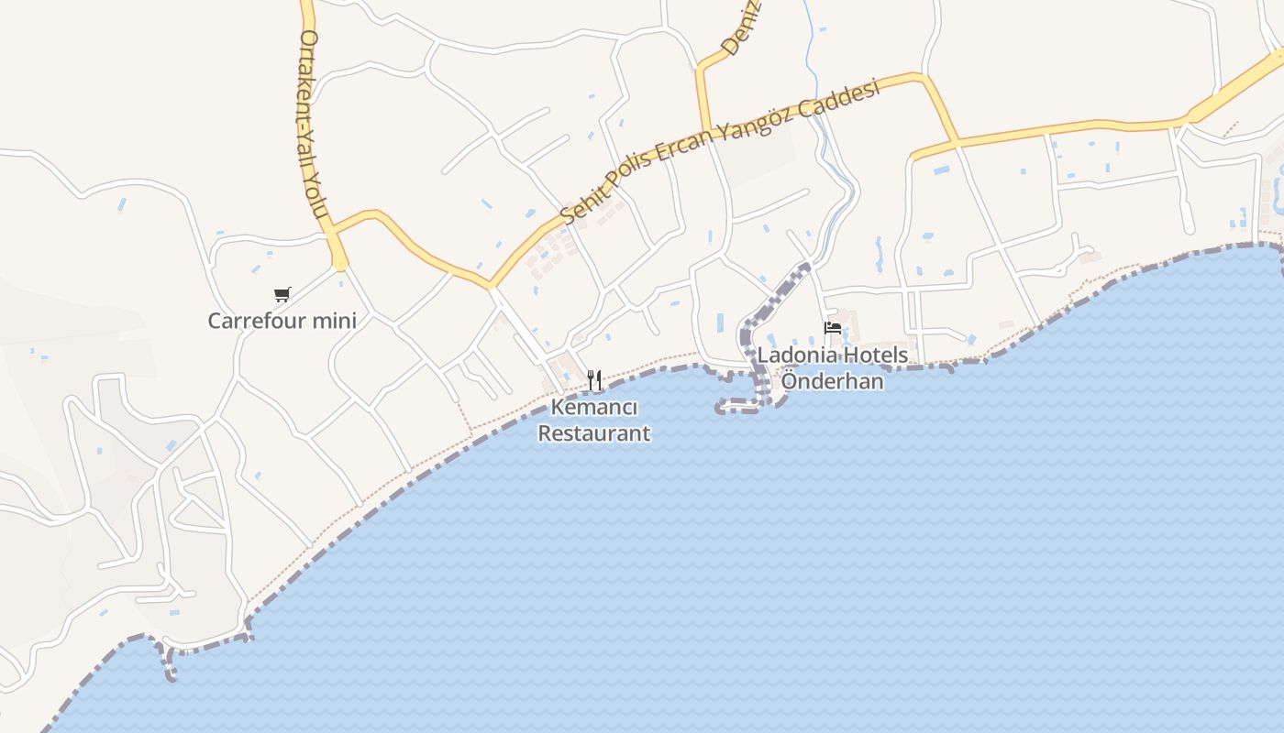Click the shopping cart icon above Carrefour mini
282,295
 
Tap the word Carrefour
249,322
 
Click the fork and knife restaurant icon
594,379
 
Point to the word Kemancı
594,408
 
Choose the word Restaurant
594,433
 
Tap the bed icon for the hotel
833,328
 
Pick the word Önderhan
832,381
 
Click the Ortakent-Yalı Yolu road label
313,124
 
